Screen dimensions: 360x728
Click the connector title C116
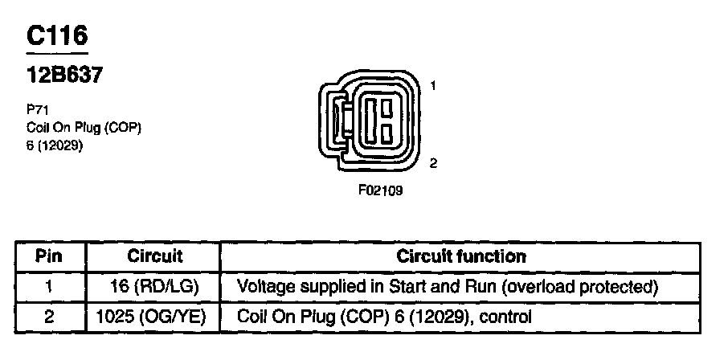[56, 36]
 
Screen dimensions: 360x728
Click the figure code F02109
[380, 191]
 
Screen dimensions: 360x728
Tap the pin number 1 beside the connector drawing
[433, 85]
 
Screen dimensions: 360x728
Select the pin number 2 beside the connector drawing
[433, 163]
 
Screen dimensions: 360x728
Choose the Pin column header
[50, 257]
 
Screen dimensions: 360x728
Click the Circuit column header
[155, 257]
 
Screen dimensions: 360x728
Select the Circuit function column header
[461, 257]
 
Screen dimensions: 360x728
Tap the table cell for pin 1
[50, 287]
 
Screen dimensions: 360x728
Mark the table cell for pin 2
[50, 317]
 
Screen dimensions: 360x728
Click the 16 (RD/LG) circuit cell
[155, 287]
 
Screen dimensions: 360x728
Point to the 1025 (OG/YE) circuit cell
[155, 317]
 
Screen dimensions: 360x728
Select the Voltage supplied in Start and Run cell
[448, 287]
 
